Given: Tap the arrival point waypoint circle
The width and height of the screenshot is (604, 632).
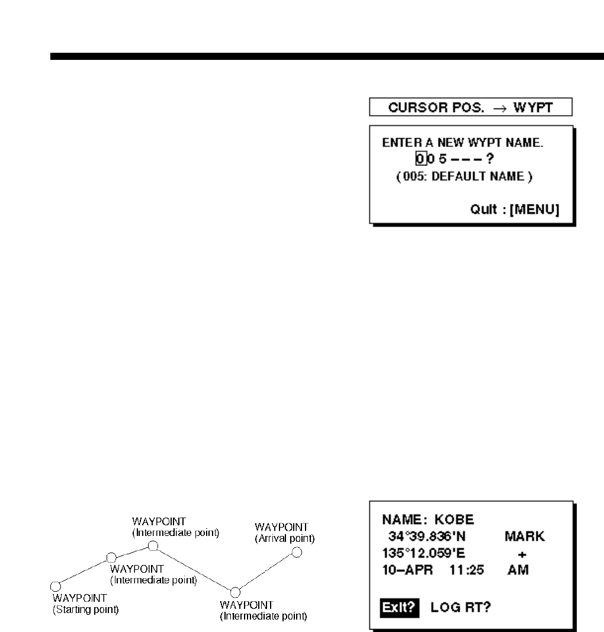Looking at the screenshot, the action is point(297,553).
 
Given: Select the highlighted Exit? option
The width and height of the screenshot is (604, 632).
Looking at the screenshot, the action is point(400,607).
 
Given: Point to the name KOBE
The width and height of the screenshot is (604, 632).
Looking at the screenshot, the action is point(454,520).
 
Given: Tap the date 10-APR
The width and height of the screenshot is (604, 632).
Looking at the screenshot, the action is point(409,570).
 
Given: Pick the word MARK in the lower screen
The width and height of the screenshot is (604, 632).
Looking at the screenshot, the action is point(525,537).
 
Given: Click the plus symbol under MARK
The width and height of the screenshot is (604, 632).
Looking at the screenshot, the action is point(522,554).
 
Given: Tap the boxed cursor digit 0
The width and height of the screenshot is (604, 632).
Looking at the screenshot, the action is point(420,159).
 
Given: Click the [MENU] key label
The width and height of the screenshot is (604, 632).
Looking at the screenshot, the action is point(535,209).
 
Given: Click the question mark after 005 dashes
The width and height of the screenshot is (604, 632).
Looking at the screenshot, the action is point(490,159).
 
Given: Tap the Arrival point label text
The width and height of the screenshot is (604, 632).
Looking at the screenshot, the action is point(284,538).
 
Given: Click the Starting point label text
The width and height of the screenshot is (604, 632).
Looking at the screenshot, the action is point(85,609).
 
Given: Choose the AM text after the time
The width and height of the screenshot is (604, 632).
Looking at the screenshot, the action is point(518,570).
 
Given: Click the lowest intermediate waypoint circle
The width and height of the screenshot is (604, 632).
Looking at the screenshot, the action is point(234,592).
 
